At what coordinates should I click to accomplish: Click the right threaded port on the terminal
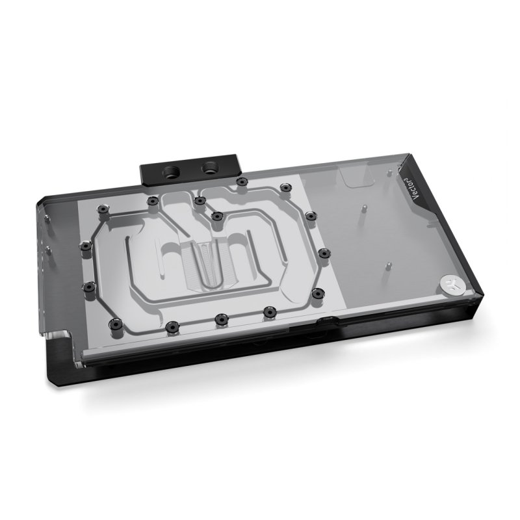coord(211,169)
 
